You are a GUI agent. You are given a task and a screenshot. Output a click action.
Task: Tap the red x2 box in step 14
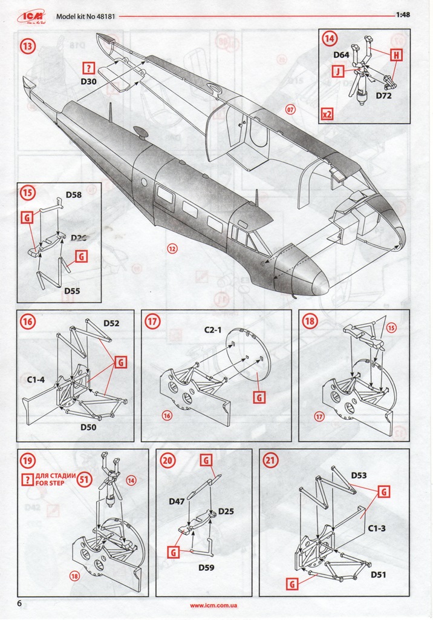click(327, 113)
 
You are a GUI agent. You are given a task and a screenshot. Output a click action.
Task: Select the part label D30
click(89, 81)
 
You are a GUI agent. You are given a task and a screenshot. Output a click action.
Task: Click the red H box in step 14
click(397, 56)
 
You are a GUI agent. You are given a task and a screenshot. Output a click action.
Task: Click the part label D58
click(73, 195)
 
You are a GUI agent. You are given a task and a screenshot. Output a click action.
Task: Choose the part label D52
click(111, 323)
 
